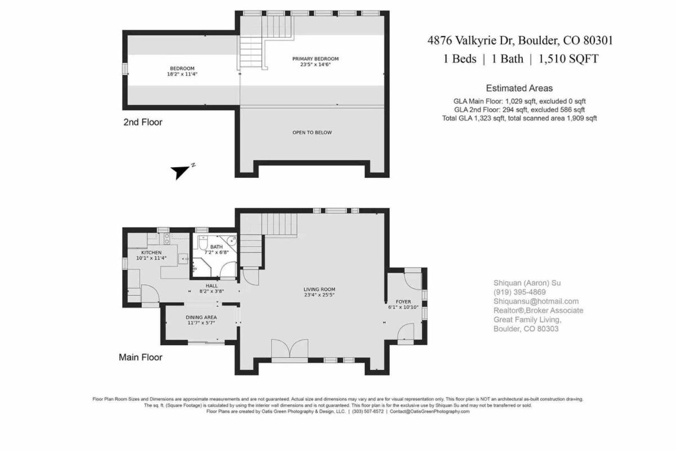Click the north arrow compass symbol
pos(180,172)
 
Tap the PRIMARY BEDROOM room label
pos(315,59)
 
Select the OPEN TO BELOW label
pos(312,132)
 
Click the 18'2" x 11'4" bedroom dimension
pos(182,74)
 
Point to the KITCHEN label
pos(152,252)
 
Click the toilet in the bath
pos(203,243)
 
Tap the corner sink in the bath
pos(232,241)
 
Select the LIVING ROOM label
pos(319,289)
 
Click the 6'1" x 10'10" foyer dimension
pos(403,307)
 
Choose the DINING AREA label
pos(201,318)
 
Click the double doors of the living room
pos(290,350)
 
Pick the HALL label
pos(212,285)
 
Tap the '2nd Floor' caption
pos(143,122)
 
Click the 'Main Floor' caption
pos(140,357)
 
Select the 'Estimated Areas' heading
pos(519,88)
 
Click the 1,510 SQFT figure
pos(568,59)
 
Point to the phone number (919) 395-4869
pos(519,292)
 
